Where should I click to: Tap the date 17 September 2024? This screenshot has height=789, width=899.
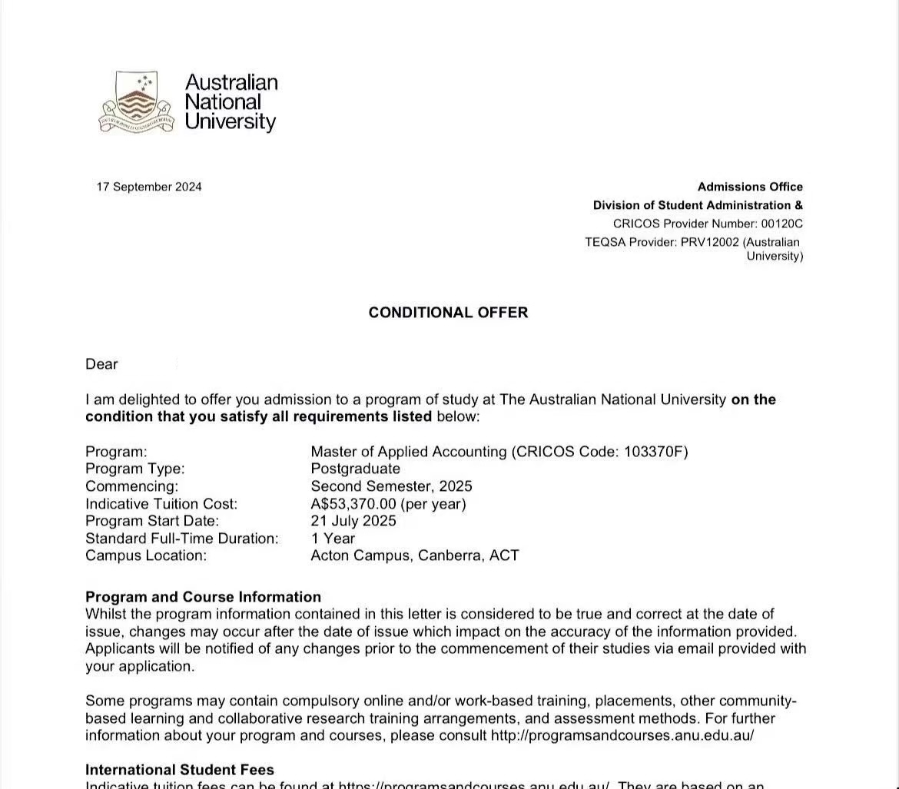(149, 187)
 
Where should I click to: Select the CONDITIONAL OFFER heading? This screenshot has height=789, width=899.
(448, 313)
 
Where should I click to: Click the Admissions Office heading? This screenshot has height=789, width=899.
(750, 187)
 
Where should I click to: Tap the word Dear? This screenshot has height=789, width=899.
(101, 364)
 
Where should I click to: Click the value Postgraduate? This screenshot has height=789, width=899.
(355, 469)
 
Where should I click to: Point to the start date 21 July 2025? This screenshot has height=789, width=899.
(353, 521)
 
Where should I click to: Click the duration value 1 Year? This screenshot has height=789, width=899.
(333, 539)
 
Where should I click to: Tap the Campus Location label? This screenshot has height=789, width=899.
(146, 555)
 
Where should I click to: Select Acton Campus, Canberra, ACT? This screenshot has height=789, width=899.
(414, 555)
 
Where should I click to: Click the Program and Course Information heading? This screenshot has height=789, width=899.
(203, 597)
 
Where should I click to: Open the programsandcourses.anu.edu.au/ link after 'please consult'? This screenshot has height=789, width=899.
(622, 735)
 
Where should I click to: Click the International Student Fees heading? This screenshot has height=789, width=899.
(179, 770)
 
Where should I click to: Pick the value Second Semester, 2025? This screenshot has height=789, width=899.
(391, 486)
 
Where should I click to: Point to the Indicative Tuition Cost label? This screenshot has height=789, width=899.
(161, 504)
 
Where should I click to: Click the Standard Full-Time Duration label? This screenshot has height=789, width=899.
(181, 539)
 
